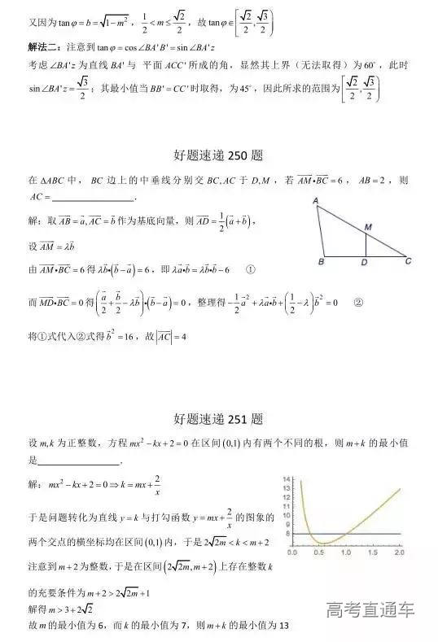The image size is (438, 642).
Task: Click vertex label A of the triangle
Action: coord(314,200)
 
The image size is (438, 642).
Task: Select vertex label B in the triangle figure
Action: coord(321,263)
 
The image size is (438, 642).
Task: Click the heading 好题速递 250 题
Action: coord(218,155)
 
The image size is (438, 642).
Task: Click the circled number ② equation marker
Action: coord(357,302)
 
